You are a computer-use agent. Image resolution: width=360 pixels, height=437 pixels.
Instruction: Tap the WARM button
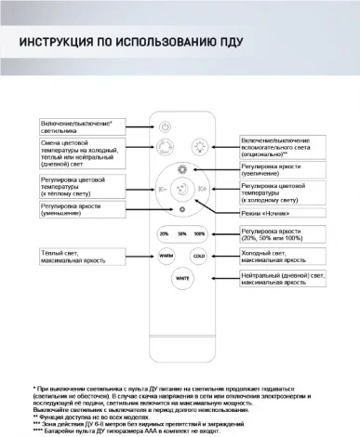166,255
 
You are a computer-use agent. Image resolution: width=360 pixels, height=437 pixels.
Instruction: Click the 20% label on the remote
165,233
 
